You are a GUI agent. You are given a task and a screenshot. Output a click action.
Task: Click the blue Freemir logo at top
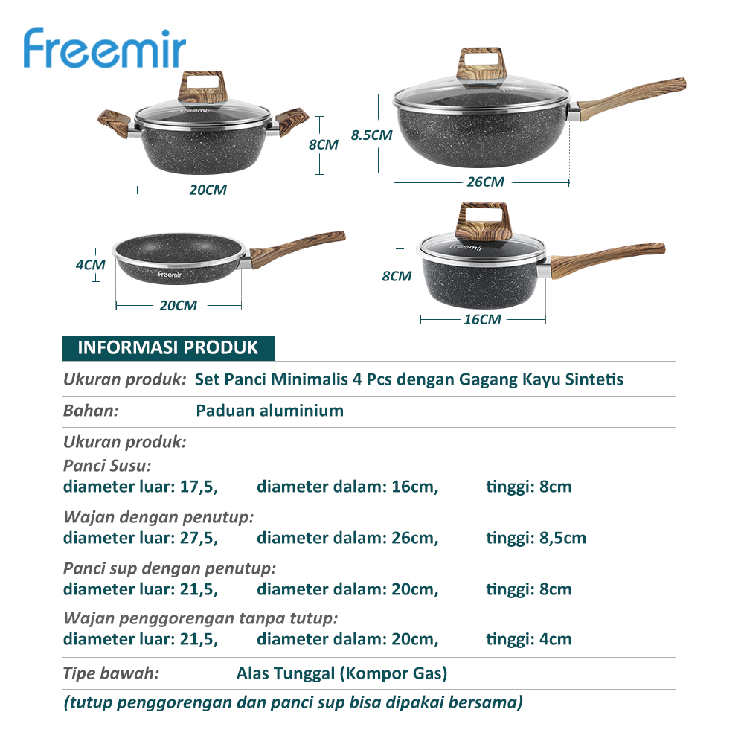104,48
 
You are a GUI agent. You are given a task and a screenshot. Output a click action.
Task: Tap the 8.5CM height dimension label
371,135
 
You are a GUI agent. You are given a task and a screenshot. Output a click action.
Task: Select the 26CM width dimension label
485,182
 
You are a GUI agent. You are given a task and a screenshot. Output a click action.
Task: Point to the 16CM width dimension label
482,319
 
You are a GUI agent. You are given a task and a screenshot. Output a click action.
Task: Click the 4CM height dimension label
90,265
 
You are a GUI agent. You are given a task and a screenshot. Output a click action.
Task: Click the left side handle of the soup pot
114,122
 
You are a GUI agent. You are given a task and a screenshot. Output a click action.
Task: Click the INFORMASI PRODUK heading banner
168,347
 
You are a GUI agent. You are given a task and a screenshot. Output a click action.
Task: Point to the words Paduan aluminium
269,411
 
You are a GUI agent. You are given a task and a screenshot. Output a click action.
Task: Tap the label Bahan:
91,411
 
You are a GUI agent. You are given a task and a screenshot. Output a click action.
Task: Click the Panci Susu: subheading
106,466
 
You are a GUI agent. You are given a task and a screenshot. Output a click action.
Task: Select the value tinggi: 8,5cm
536,538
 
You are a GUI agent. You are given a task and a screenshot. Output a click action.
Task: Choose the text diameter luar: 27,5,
141,538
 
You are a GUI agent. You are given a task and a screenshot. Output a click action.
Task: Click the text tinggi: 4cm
528,639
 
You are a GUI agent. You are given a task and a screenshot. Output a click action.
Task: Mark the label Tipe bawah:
111,673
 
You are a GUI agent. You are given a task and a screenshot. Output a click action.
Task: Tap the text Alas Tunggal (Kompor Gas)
341,673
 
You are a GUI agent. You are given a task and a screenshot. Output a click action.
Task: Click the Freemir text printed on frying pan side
170,275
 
